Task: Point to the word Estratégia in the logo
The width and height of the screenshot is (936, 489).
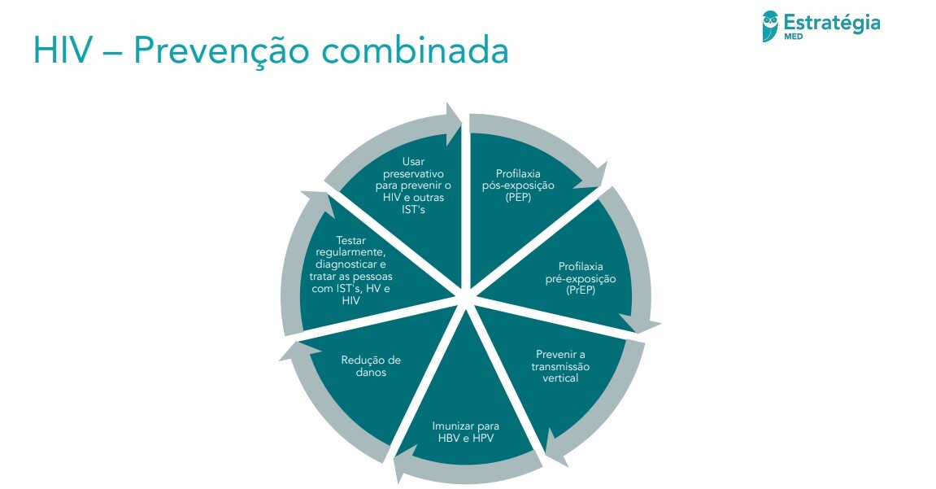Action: (x=831, y=22)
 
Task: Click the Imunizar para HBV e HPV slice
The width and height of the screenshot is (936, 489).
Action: (x=465, y=432)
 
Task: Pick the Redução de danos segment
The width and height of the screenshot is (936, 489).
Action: (x=371, y=366)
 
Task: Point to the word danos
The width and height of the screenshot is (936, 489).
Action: (x=370, y=373)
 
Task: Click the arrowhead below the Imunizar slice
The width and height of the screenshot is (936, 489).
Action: (x=405, y=467)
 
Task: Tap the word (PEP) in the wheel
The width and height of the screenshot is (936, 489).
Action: (x=517, y=197)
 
